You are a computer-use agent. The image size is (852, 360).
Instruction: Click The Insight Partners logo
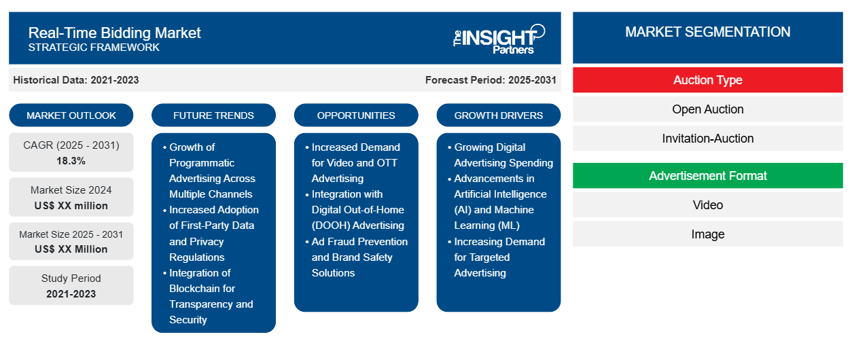click(x=499, y=39)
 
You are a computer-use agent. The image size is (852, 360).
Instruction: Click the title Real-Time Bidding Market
click(x=115, y=33)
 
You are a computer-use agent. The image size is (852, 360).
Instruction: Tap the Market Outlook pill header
click(x=71, y=115)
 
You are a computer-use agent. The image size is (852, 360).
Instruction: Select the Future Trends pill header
click(x=213, y=115)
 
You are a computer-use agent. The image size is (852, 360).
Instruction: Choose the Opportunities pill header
click(x=356, y=115)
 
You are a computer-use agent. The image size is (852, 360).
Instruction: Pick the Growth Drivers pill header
click(x=498, y=115)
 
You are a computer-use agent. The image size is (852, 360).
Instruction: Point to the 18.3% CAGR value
click(x=71, y=161)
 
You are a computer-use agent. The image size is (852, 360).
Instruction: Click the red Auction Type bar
click(x=708, y=80)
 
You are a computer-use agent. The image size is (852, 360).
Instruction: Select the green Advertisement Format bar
click(x=708, y=176)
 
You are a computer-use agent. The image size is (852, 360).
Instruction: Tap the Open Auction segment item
click(x=708, y=109)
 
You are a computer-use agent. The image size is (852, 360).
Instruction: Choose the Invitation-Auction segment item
click(x=708, y=139)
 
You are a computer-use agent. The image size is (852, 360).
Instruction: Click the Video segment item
click(x=708, y=205)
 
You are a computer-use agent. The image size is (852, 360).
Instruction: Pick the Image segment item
click(x=708, y=234)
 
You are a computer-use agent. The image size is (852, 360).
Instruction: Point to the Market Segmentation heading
click(x=708, y=32)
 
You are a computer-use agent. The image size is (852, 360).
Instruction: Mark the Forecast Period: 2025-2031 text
click(x=491, y=80)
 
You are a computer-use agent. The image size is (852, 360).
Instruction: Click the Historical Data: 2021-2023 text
click(x=76, y=80)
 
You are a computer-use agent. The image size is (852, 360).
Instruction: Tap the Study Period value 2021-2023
click(x=71, y=294)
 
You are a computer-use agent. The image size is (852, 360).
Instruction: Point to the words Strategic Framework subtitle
click(x=94, y=48)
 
